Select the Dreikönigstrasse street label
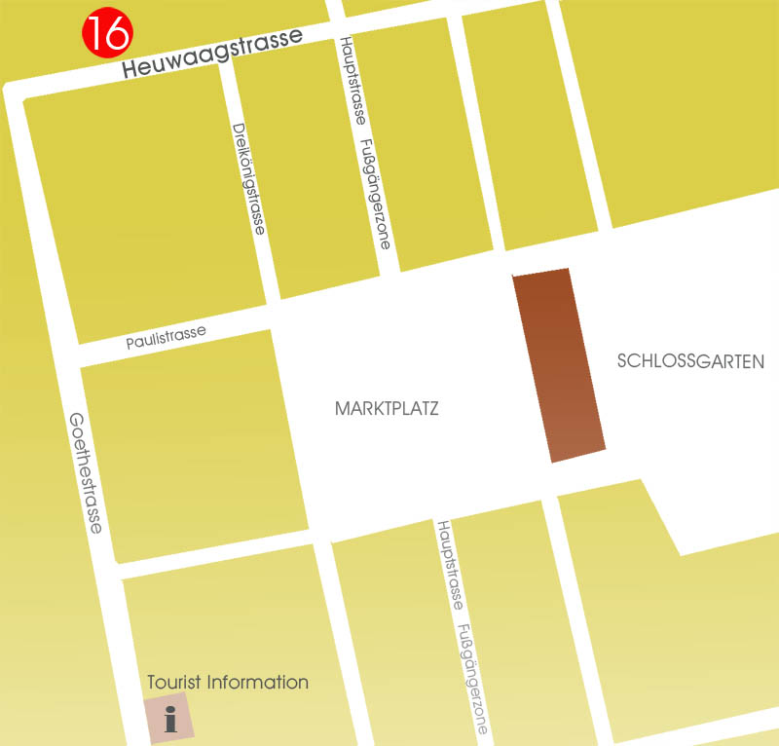click(249, 178)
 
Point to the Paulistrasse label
click(166, 337)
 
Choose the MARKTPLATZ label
click(387, 409)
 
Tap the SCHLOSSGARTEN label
click(690, 361)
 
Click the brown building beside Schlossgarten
click(559, 365)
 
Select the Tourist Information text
click(228, 683)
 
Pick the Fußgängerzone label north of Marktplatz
click(376, 193)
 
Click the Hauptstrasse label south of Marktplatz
click(449, 565)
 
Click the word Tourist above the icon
click(173, 683)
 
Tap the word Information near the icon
click(256, 683)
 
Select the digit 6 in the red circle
click(115, 34)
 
